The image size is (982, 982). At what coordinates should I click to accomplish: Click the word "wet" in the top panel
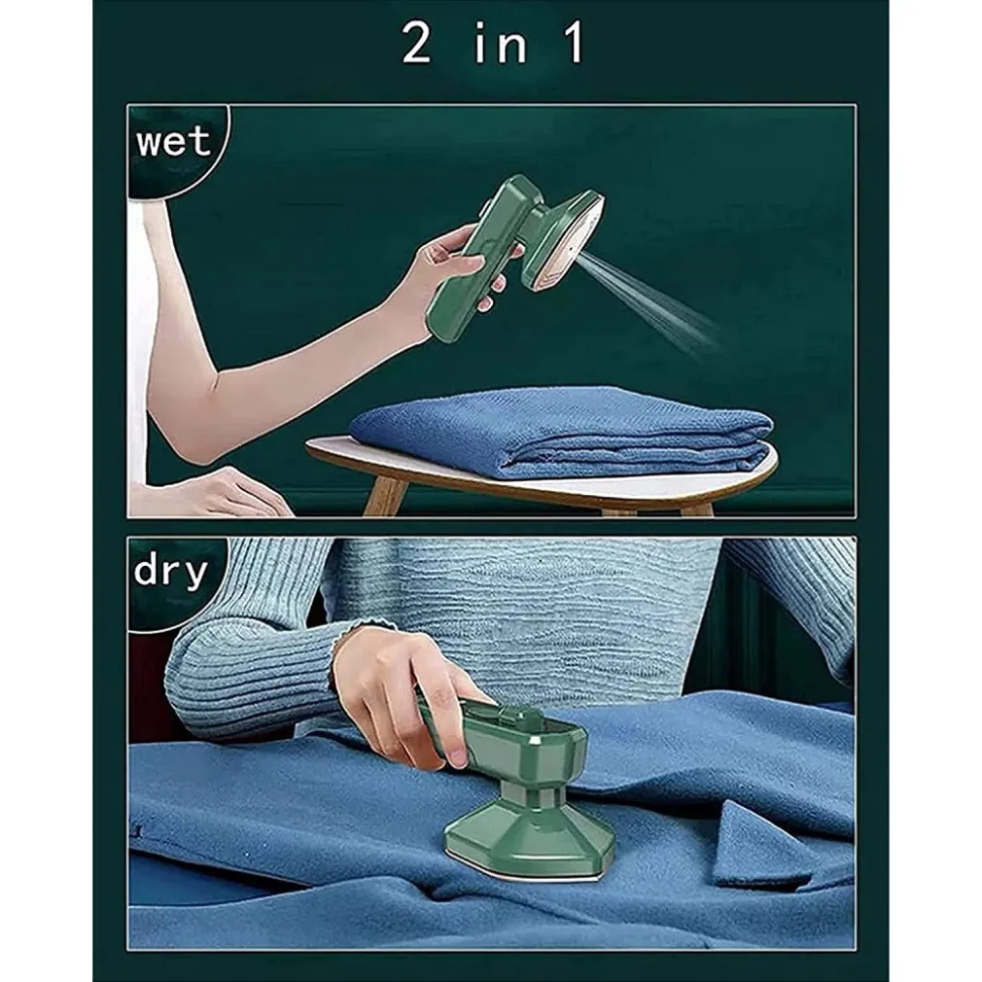coord(173,142)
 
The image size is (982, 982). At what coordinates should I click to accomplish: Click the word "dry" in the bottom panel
coord(170,571)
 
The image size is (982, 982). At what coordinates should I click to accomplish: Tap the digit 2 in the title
coord(416,43)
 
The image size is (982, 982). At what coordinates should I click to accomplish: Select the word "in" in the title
coord(500,43)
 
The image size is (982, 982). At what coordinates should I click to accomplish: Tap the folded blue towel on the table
coord(560,432)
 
